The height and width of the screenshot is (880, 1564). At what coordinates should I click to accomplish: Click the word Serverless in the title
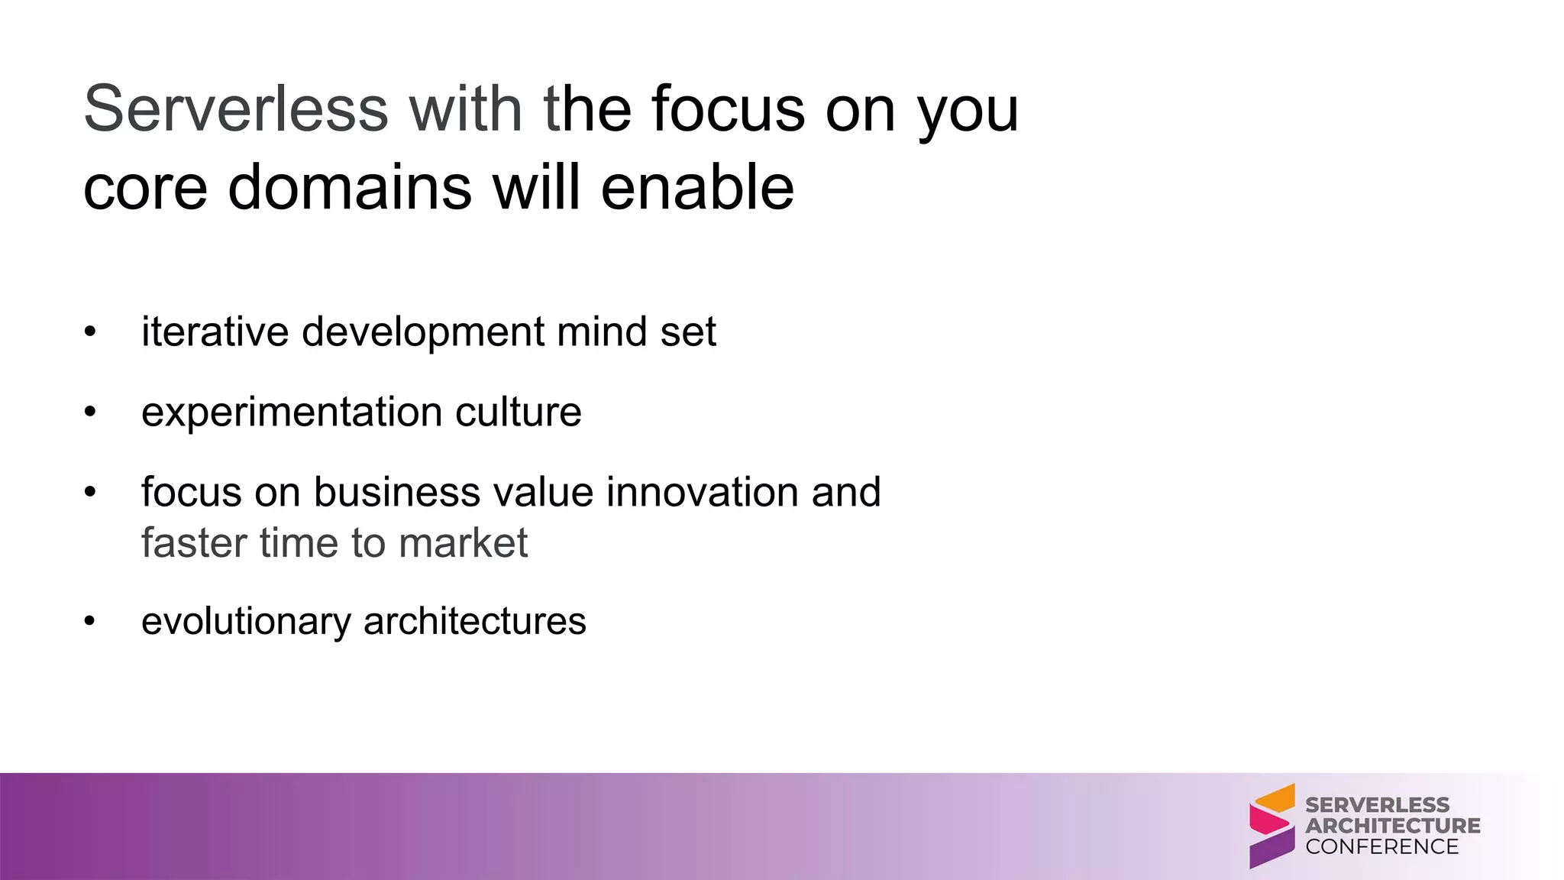tap(236, 108)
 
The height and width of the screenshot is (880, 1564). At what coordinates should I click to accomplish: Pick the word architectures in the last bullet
tap(474, 621)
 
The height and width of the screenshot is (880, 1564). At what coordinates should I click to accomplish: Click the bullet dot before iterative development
tap(90, 332)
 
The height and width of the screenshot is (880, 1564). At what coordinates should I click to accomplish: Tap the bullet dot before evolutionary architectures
tap(90, 621)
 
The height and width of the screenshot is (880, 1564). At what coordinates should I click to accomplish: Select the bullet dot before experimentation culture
tap(90, 412)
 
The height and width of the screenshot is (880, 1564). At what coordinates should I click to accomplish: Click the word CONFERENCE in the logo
tap(1381, 846)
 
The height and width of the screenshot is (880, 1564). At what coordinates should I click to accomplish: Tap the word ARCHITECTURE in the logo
tap(1392, 826)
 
